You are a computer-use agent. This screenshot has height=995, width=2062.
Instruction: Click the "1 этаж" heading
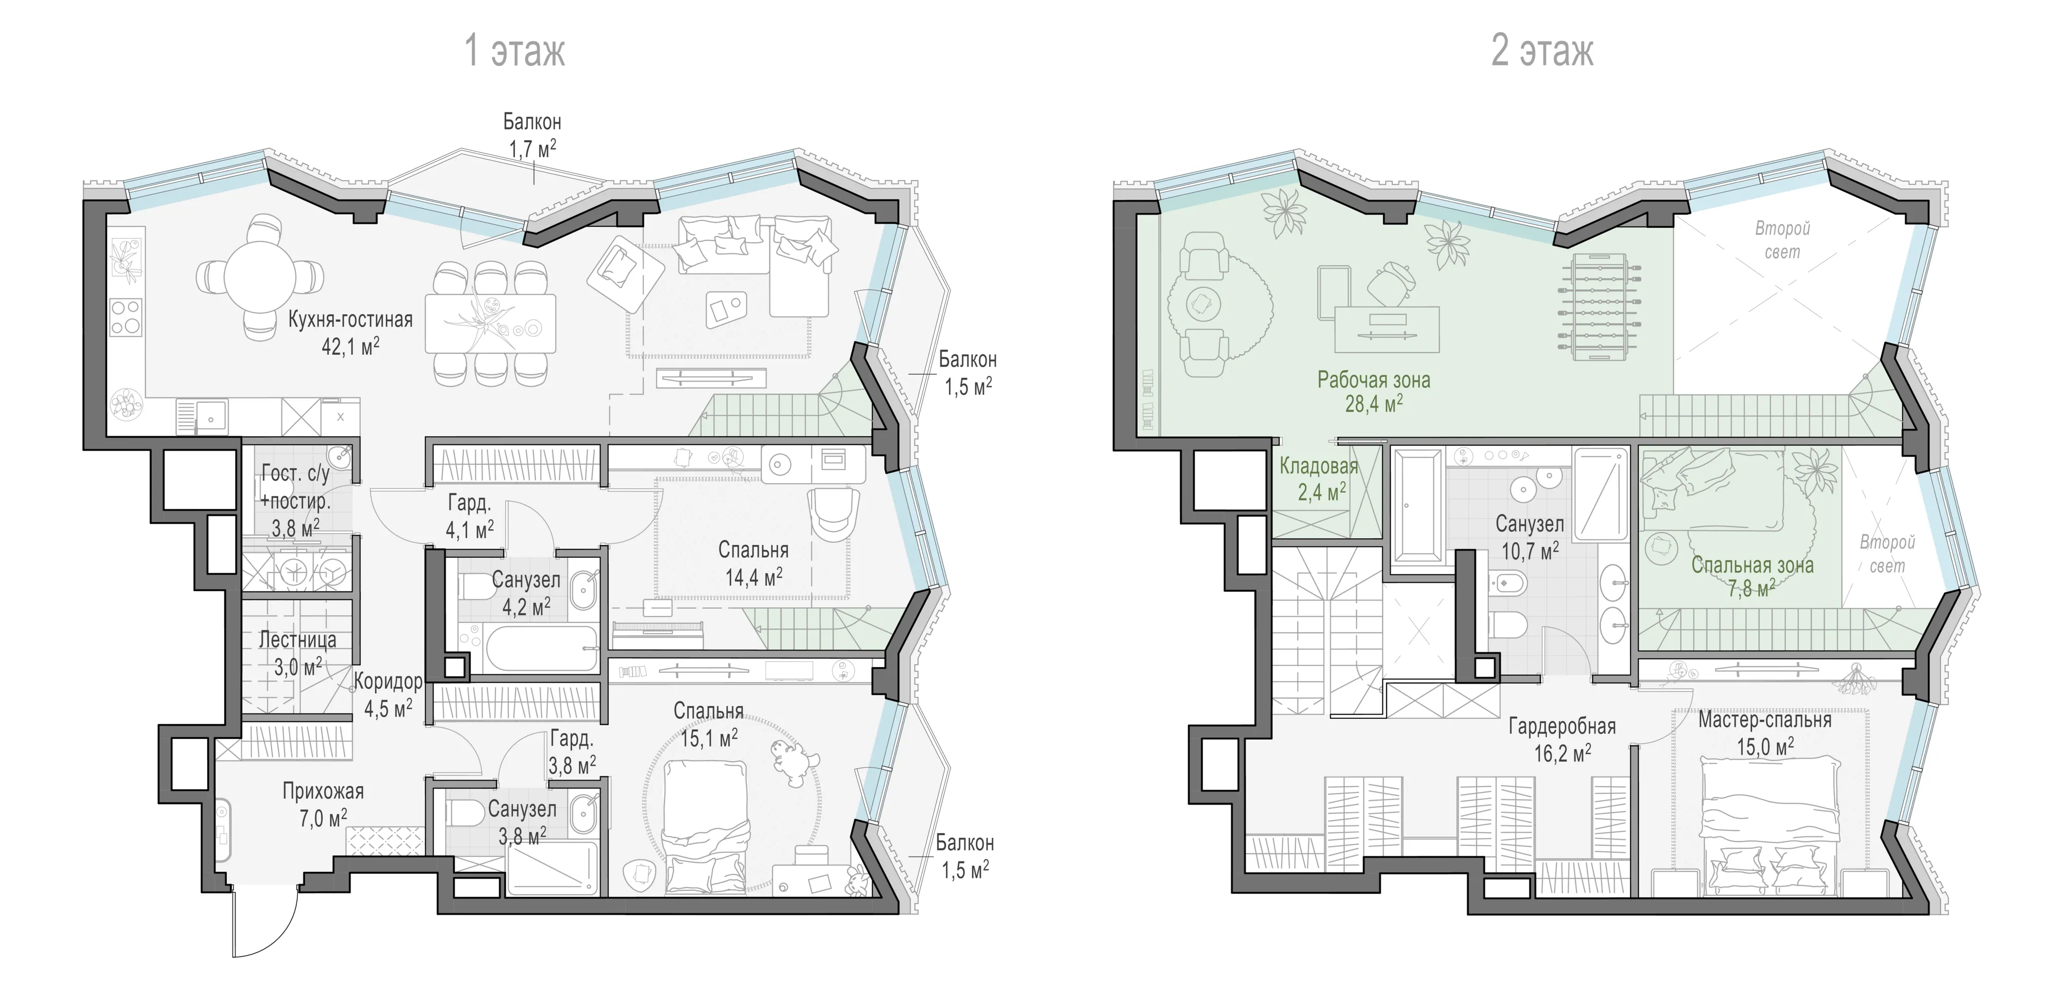[514, 51]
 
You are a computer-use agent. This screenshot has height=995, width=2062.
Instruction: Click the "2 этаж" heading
[1542, 51]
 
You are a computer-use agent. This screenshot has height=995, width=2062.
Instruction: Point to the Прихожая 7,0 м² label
[323, 804]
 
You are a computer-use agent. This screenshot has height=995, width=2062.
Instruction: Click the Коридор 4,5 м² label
[388, 694]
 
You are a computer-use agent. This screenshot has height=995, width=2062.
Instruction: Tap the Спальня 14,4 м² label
[753, 563]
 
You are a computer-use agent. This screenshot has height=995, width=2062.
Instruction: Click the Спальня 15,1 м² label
[708, 724]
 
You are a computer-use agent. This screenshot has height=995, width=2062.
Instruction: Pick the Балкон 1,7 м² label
[533, 135]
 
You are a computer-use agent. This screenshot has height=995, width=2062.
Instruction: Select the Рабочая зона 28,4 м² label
[1374, 391]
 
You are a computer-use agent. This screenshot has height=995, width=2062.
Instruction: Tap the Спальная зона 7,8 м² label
[1752, 576]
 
